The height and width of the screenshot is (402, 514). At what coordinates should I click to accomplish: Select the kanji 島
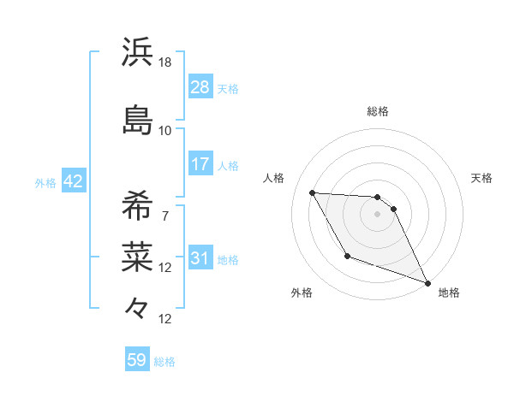pos(138,119)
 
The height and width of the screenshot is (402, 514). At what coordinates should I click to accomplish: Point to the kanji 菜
pos(138,254)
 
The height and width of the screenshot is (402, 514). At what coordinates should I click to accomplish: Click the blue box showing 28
pos(200,87)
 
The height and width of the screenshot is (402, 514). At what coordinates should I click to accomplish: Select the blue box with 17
pos(200,164)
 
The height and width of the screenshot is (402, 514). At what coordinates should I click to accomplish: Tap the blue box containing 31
pos(200,258)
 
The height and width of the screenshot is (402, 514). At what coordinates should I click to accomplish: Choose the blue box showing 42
pos(73,182)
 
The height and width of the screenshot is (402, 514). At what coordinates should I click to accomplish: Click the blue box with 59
pos(137,360)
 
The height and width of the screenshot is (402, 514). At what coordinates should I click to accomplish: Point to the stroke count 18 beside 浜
pos(165,62)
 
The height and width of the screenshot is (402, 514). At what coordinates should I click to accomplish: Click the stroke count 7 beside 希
pos(164,216)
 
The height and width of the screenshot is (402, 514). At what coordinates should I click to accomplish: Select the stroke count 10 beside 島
pos(165,130)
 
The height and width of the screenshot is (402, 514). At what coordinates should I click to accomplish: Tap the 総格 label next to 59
pos(164,362)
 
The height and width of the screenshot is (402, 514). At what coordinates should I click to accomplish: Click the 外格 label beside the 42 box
pos(45,183)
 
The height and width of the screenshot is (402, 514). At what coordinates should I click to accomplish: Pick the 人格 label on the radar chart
pos(274,178)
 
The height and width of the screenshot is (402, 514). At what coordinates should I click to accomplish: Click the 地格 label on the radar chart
pos(449,293)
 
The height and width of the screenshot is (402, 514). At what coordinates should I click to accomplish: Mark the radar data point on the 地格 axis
pos(427,283)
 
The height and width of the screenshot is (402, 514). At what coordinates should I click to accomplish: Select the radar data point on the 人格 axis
pos(312,192)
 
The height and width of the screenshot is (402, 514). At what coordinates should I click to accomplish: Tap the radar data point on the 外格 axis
pos(347,256)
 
